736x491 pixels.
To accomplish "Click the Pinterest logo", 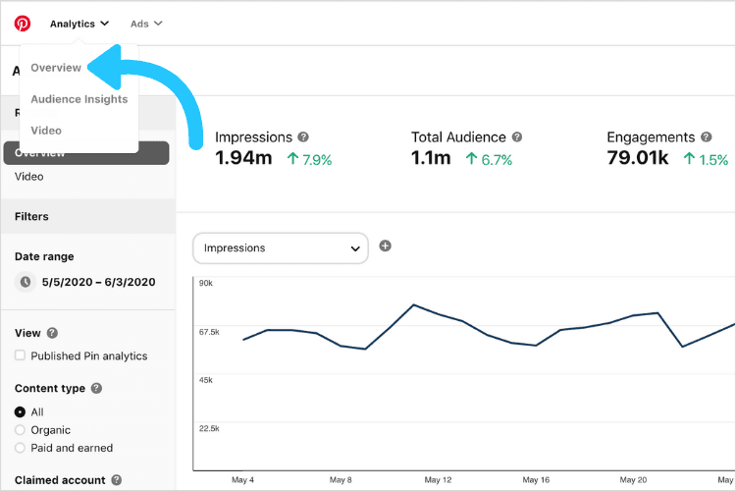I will pyautogui.click(x=23, y=24).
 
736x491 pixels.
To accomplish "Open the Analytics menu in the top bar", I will pyautogui.click(x=79, y=24).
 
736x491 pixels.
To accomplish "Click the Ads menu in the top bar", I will pyautogui.click(x=146, y=24).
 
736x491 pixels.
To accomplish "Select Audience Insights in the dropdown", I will pyautogui.click(x=79, y=99).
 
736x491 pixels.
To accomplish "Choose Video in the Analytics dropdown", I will pyautogui.click(x=46, y=131).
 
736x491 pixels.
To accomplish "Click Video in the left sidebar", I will pyautogui.click(x=29, y=177).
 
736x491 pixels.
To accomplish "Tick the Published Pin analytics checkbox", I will pyautogui.click(x=21, y=355).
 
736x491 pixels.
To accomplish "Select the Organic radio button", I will pyautogui.click(x=21, y=430).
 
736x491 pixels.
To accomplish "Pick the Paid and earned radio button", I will pyautogui.click(x=21, y=448).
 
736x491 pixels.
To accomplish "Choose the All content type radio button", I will pyautogui.click(x=21, y=412).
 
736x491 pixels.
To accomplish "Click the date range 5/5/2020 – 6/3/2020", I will pyautogui.click(x=98, y=282).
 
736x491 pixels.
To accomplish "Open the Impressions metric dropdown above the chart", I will pyautogui.click(x=281, y=248).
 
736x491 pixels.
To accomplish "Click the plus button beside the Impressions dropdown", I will pyautogui.click(x=385, y=245).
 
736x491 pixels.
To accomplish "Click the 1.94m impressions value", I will pyautogui.click(x=243, y=159).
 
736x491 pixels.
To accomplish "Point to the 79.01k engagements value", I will pyautogui.click(x=637, y=159).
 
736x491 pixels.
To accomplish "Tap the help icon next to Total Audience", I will pyautogui.click(x=517, y=137).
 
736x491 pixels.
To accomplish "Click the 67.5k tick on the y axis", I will pyautogui.click(x=208, y=332).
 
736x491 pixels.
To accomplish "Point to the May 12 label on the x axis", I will pyautogui.click(x=438, y=480).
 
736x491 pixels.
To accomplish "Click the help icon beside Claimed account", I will pyautogui.click(x=116, y=480).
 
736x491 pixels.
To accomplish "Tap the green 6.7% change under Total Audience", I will pyautogui.click(x=490, y=160).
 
